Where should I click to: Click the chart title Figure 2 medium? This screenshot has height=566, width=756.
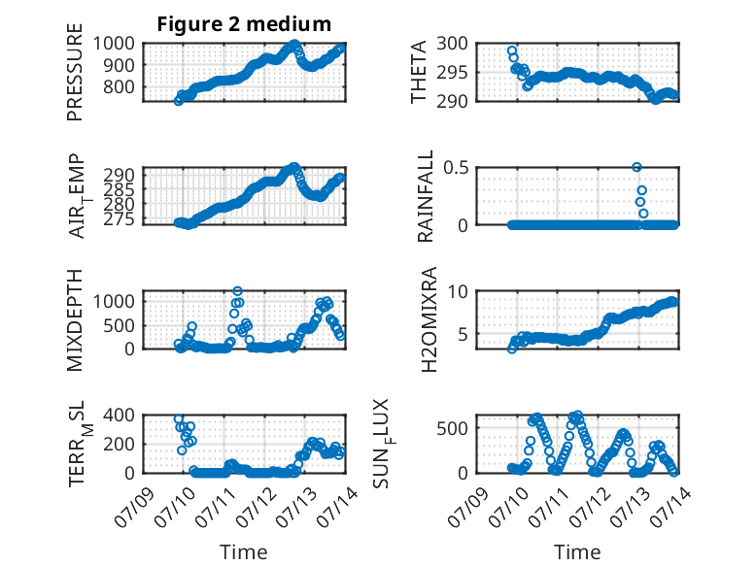pyautogui.click(x=244, y=24)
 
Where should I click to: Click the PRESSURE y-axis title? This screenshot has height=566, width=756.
pyautogui.click(x=75, y=72)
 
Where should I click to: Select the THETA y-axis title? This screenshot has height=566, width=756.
pyautogui.click(x=419, y=72)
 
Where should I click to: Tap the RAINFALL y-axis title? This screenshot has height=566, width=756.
pyautogui.click(x=426, y=196)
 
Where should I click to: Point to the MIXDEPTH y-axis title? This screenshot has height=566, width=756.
pyautogui.click(x=75, y=319)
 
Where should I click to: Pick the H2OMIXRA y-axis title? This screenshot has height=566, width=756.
pyautogui.click(x=429, y=319)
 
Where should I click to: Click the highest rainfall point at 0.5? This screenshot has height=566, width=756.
pyautogui.click(x=636, y=167)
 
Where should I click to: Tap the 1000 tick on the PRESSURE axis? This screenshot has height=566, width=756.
pyautogui.click(x=114, y=44)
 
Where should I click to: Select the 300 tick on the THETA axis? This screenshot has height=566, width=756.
pyautogui.click(x=452, y=44)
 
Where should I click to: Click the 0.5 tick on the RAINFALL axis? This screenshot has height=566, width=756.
pyautogui.click(x=456, y=168)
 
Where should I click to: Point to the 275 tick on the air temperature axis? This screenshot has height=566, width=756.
pyautogui.click(x=120, y=219)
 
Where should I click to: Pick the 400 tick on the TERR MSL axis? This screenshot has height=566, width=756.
pyautogui.click(x=120, y=415)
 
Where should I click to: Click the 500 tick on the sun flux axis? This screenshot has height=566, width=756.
pyautogui.click(x=452, y=428)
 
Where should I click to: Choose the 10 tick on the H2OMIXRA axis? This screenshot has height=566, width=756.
pyautogui.click(x=458, y=291)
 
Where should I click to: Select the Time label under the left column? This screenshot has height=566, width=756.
pyautogui.click(x=244, y=551)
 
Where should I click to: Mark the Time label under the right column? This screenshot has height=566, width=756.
pyautogui.click(x=577, y=551)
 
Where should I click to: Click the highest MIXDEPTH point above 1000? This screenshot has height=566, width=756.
pyautogui.click(x=237, y=291)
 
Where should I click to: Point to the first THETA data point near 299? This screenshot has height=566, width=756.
pyautogui.click(x=511, y=51)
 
